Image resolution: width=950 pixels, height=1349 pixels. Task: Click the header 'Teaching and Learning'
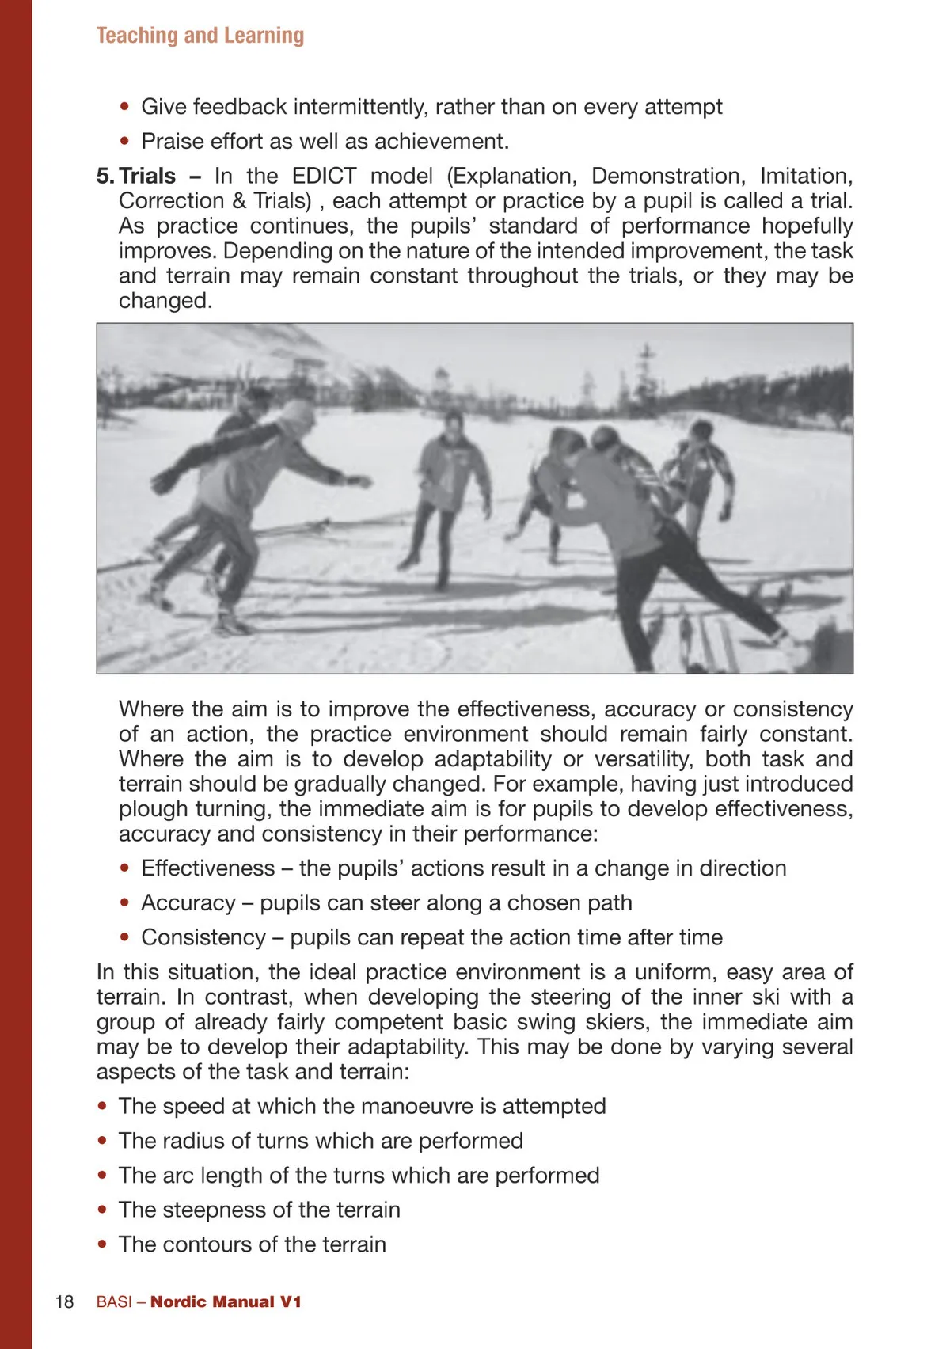click(199, 36)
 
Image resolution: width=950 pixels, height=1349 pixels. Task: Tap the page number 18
click(64, 1302)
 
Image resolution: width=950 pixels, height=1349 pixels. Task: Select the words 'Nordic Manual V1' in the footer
click(226, 1302)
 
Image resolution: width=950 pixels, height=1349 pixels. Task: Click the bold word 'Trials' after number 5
click(147, 176)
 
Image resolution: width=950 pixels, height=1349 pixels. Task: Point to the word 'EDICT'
click(324, 176)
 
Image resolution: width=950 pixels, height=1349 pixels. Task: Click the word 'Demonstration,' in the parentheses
click(668, 176)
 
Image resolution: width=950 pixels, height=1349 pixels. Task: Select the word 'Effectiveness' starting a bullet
click(207, 868)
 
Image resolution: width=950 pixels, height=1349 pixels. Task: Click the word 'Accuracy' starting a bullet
click(188, 903)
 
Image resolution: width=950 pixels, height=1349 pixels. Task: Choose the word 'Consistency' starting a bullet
click(203, 938)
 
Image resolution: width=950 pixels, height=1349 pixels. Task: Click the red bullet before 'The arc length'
click(102, 1176)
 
